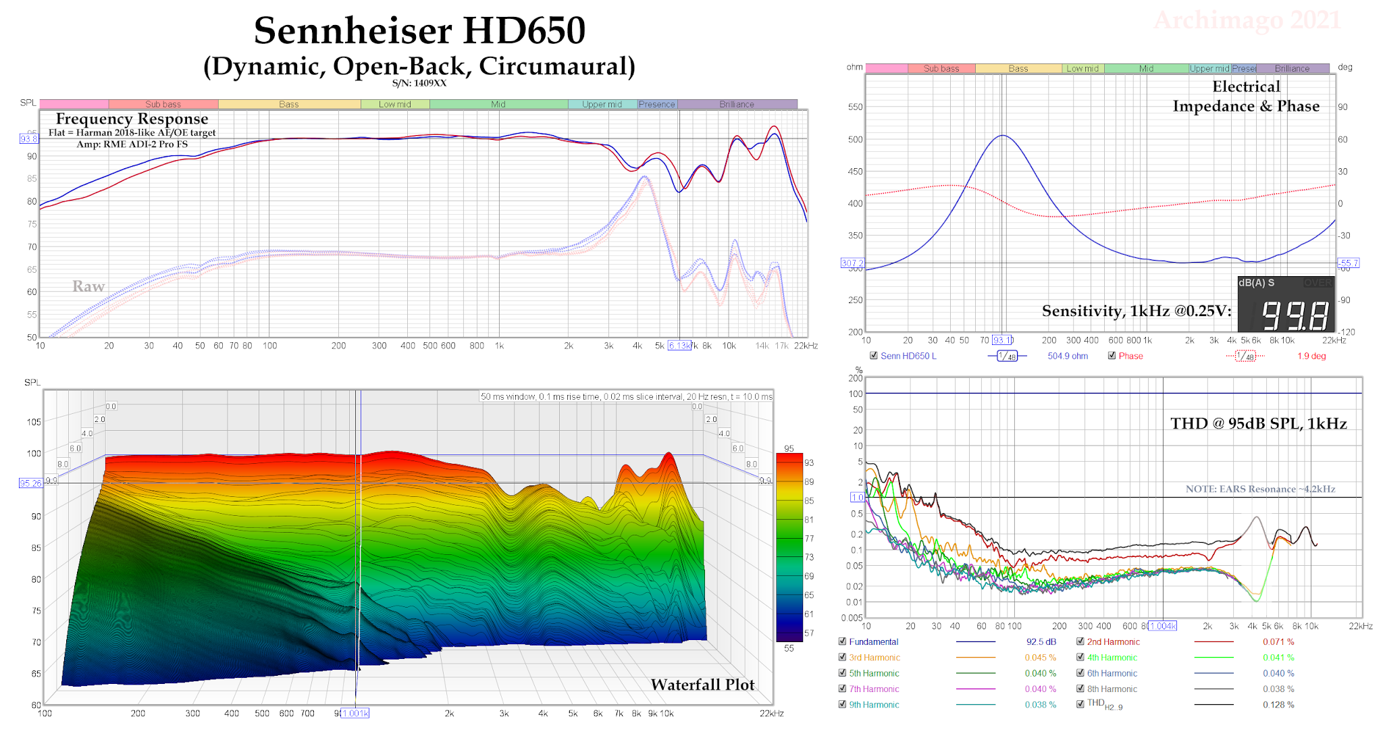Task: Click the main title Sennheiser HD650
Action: pyautogui.click(x=419, y=31)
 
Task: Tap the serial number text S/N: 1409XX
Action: pyautogui.click(x=419, y=83)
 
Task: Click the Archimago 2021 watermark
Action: pyautogui.click(x=1247, y=20)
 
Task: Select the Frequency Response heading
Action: pyautogui.click(x=132, y=119)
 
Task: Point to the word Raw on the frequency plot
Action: pyautogui.click(x=88, y=286)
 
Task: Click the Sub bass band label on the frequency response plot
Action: pyautogui.click(x=163, y=105)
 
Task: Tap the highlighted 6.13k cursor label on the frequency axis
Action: pyautogui.click(x=679, y=346)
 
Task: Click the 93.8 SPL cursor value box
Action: pyautogui.click(x=29, y=138)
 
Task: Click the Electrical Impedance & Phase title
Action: pyautogui.click(x=1246, y=96)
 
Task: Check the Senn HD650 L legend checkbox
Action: pyautogui.click(x=874, y=356)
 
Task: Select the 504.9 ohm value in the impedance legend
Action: pyautogui.click(x=1068, y=356)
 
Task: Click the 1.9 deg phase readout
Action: pyautogui.click(x=1311, y=356)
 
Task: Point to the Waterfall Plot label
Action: pyautogui.click(x=702, y=685)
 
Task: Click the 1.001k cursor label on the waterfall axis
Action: pyautogui.click(x=355, y=714)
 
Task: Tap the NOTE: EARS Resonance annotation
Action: pyautogui.click(x=1260, y=489)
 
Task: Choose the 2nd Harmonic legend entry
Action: pyautogui.click(x=1113, y=642)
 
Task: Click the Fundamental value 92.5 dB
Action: pyautogui.click(x=1041, y=642)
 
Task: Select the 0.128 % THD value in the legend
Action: pyautogui.click(x=1278, y=705)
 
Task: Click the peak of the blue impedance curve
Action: pyautogui.click(x=1003, y=136)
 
